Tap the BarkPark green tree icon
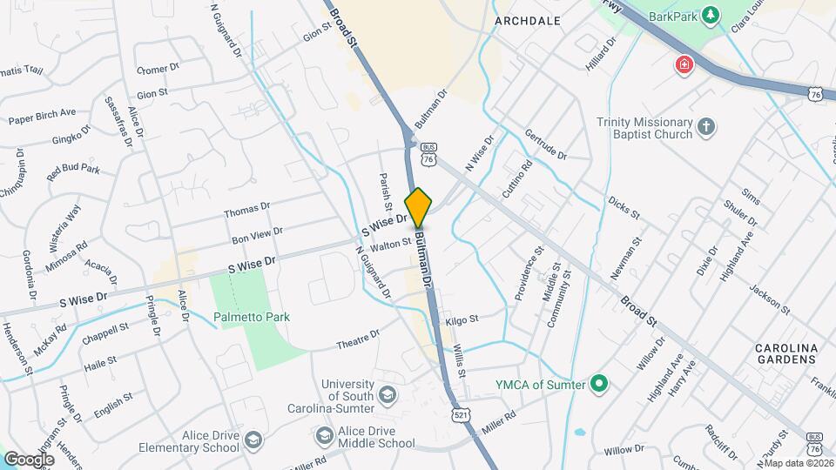click(x=711, y=15)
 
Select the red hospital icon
click(x=684, y=64)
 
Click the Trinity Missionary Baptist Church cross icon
click(x=707, y=129)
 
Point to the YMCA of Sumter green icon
click(x=598, y=383)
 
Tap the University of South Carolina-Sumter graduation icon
click(x=388, y=397)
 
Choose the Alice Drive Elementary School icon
click(x=253, y=440)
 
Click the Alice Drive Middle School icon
click(x=324, y=435)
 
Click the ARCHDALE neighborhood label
click(x=527, y=19)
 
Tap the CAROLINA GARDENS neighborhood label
click(x=786, y=354)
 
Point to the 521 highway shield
click(x=462, y=416)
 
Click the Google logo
click(x=29, y=459)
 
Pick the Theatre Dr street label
click(x=358, y=339)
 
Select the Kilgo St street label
click(x=462, y=320)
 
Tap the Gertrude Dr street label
click(x=546, y=144)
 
